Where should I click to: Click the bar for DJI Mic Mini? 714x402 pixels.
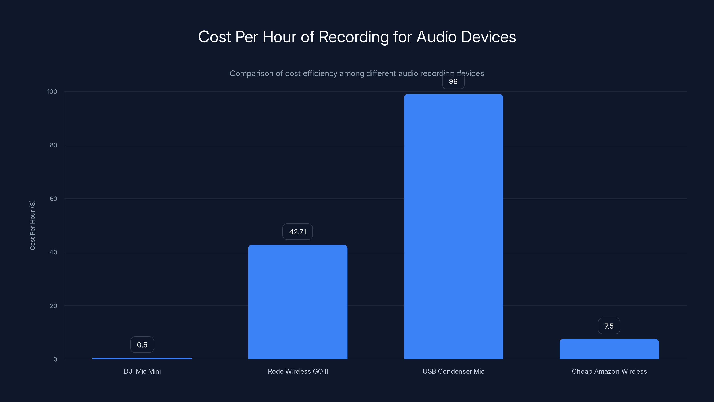(142, 358)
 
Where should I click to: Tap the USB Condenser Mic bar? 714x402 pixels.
(453, 226)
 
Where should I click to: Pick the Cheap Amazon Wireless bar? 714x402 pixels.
(609, 349)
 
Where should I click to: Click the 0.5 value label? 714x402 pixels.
(142, 345)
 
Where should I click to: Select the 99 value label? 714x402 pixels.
(453, 81)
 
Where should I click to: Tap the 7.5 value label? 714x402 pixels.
(609, 326)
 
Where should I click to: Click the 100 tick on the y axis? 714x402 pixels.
(52, 92)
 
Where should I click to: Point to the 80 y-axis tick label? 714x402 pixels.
(54, 145)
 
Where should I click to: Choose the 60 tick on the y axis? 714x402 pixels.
(54, 199)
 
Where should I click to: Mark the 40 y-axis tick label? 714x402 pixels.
(54, 252)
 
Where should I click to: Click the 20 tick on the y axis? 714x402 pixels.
(54, 306)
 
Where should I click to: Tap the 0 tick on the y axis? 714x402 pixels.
(55, 359)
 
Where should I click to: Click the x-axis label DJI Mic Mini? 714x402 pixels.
(142, 371)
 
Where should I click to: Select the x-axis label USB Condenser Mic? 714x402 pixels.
(453, 371)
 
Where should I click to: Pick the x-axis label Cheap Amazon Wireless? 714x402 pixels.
(609, 371)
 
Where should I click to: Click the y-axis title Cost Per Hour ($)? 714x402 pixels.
(32, 225)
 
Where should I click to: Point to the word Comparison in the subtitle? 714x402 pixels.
(251, 73)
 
